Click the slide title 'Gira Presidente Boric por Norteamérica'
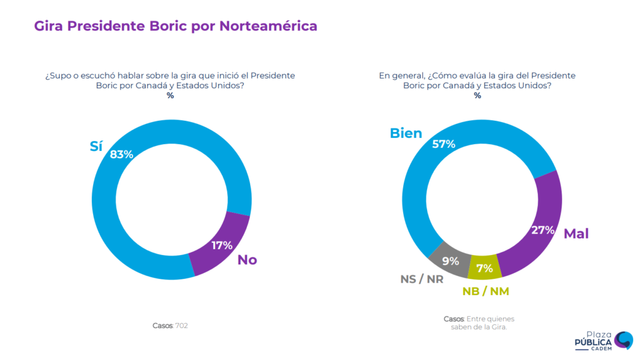[175, 26]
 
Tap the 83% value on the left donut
[121, 154]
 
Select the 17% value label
[221, 245]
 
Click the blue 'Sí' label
[96, 146]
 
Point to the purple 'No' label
[247, 260]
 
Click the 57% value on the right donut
[443, 143]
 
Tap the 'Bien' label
[406, 133]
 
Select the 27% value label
[543, 230]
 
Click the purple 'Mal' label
[576, 234]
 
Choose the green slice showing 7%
[485, 268]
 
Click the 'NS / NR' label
[421, 279]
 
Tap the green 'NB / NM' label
[486, 291]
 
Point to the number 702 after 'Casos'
[182, 325]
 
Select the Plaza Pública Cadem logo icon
[623, 340]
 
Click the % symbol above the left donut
[170, 96]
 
